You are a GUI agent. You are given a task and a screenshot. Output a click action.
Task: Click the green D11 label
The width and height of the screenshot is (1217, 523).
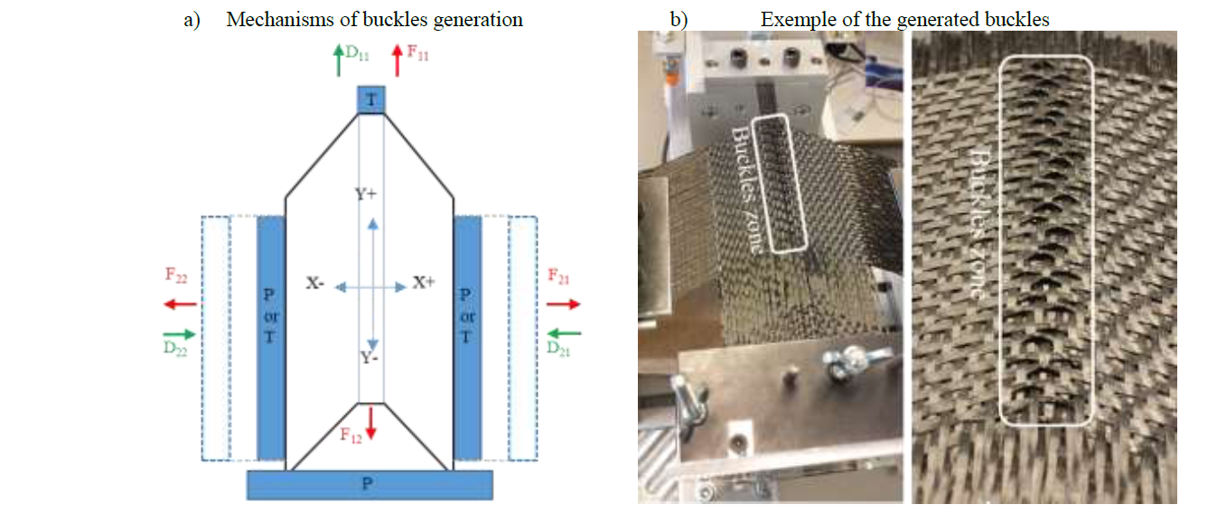coord(358,55)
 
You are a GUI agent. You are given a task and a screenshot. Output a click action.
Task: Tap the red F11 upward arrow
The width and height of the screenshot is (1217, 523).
coord(397,61)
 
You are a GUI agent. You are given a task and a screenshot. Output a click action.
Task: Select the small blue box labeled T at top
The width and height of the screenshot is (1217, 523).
coord(371,100)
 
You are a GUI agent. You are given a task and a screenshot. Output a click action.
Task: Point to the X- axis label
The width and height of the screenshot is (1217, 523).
coord(315,284)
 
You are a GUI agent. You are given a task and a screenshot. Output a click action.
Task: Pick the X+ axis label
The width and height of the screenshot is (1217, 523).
coord(425,282)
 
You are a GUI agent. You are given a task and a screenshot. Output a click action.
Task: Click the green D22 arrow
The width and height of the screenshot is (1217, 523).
coord(180,333)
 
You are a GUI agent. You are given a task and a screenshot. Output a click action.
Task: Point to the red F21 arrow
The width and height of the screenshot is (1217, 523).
coord(564,304)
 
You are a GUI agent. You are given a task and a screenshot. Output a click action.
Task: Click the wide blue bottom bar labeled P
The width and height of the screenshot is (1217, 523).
coord(370,485)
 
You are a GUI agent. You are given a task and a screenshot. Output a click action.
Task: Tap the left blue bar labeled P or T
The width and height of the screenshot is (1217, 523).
coord(271,338)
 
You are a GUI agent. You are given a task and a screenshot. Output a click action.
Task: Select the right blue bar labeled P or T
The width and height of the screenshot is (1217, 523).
coord(466,338)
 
